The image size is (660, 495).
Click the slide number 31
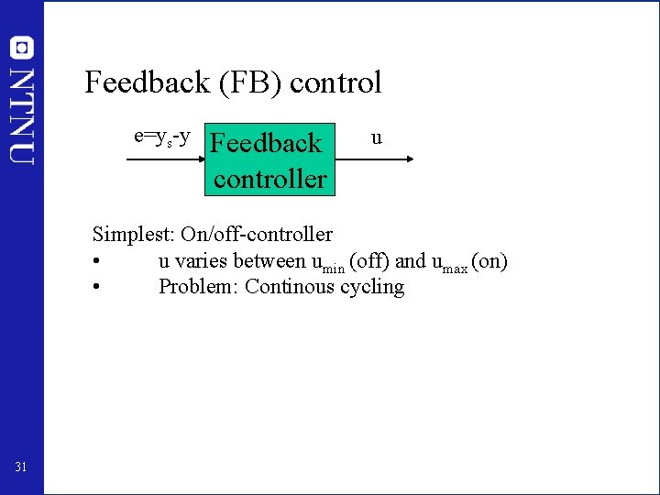[x=22, y=468]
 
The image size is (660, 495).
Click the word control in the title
[x=335, y=83]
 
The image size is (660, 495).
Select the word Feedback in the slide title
[x=147, y=83]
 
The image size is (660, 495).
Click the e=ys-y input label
[x=162, y=137]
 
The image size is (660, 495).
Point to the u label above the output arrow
[x=376, y=138]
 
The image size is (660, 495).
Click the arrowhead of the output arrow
[x=409, y=159]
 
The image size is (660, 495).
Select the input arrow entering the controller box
[x=165, y=159]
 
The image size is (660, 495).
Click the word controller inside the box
[x=269, y=178]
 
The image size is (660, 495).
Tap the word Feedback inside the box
[x=266, y=143]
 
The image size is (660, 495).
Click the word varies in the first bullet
[x=199, y=261]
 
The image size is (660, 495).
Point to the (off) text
[x=369, y=261]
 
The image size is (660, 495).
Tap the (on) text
[x=489, y=261]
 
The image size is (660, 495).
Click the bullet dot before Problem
[x=96, y=288]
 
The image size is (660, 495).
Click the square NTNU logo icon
[x=22, y=48]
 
